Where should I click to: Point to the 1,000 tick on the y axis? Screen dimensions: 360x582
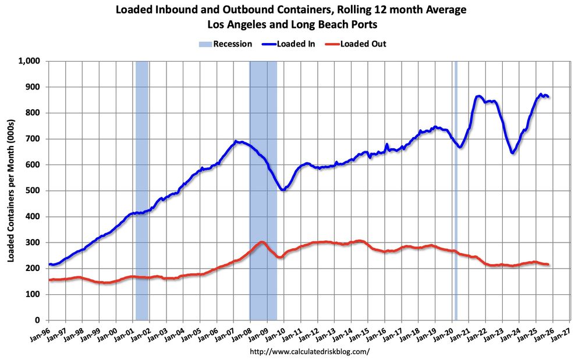[x=29, y=61]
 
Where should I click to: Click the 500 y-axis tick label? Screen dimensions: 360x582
[x=33, y=191]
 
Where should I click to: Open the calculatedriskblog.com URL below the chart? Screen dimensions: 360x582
[x=309, y=352]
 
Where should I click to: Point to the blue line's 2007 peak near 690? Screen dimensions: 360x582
[x=236, y=141]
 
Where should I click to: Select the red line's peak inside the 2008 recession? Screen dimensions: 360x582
[x=262, y=242]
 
